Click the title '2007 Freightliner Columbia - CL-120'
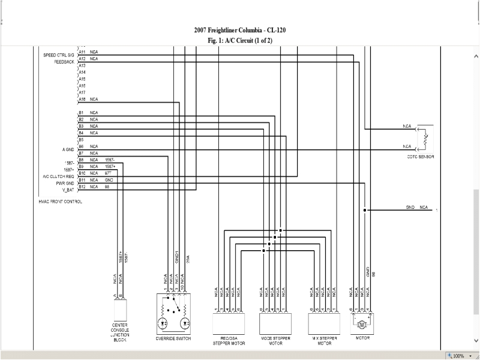click(239, 30)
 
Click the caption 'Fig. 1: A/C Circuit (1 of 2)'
click(239, 40)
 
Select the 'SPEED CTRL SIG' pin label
click(58, 55)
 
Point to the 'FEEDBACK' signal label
click(64, 61)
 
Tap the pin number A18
click(82, 99)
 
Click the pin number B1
click(81, 112)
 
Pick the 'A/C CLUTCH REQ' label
click(58, 176)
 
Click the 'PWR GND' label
click(65, 182)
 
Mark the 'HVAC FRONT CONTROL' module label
click(60, 202)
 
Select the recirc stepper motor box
click(229, 323)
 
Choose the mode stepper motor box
click(275, 323)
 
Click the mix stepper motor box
click(324, 323)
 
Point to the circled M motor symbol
click(361, 325)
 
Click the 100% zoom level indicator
click(458, 356)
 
